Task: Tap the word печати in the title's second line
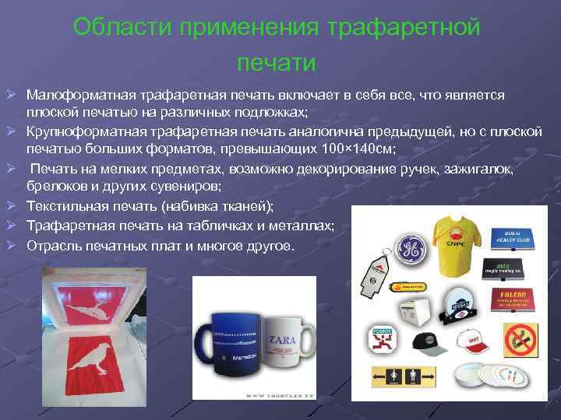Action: [277, 61]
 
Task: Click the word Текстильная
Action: [69, 206]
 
